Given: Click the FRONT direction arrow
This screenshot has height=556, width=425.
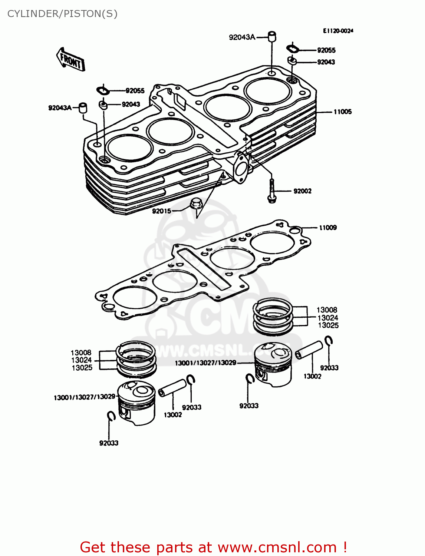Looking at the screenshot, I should click(x=71, y=60).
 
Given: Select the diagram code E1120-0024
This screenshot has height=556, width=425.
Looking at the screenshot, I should click(x=338, y=31).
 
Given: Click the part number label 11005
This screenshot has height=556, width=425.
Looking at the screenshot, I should click(x=342, y=112).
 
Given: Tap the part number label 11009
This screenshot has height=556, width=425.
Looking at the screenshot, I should click(x=328, y=228).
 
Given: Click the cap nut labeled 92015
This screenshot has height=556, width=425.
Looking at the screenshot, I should click(x=195, y=203).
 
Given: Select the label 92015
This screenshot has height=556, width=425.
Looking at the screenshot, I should click(x=161, y=211).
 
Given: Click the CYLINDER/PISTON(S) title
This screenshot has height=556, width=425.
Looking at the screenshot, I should click(x=62, y=14).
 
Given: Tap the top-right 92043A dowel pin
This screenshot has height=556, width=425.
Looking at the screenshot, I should click(x=272, y=36).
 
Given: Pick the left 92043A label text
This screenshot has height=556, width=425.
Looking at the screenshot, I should click(x=60, y=108).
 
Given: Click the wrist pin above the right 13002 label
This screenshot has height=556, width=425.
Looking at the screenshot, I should click(x=309, y=350).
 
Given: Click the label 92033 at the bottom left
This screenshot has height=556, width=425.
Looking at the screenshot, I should click(x=109, y=443).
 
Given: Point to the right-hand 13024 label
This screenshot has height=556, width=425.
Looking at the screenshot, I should click(x=328, y=318).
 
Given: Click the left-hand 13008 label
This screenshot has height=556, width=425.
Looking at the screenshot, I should click(x=81, y=353).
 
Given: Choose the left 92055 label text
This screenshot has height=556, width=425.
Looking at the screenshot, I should click(x=135, y=91).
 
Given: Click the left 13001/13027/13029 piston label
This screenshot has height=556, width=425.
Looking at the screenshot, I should click(x=85, y=397).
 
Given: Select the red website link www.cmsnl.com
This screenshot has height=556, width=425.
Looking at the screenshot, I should click(x=277, y=547).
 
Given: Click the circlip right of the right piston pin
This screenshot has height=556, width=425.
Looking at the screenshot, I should click(x=329, y=340).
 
